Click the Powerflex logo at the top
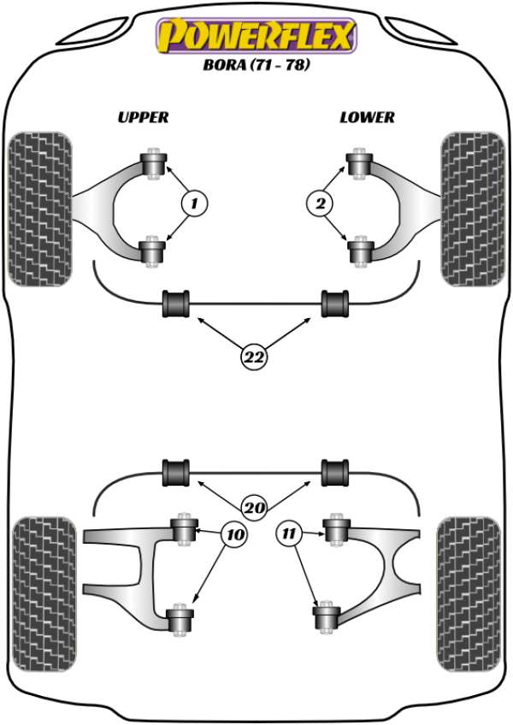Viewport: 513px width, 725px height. (254, 37)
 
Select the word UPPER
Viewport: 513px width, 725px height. (143, 117)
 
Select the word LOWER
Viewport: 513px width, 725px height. (367, 117)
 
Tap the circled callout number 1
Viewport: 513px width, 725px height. (194, 203)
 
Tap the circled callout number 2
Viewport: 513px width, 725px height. (320, 203)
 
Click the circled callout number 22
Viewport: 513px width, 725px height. (253, 358)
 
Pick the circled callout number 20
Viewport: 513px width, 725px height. (253, 507)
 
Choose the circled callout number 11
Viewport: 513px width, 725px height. (290, 535)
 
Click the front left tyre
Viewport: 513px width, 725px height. (38, 208)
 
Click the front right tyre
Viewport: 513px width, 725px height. (471, 208)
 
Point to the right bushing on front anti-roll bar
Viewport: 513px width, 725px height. (335, 303)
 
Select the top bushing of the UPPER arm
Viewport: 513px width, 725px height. (155, 162)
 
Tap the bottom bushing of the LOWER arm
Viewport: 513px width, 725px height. (358, 251)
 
